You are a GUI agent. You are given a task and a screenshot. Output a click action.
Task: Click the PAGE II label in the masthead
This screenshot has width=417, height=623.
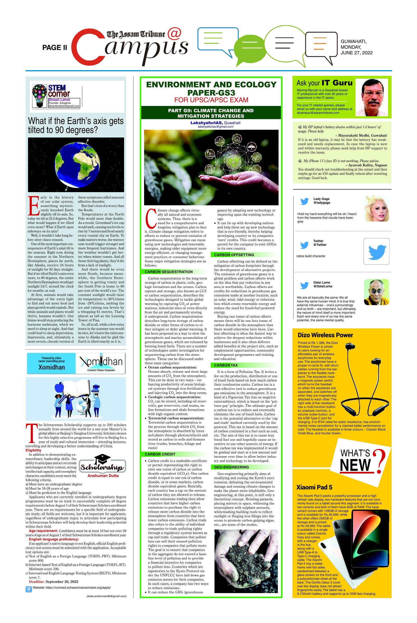pos(55,48)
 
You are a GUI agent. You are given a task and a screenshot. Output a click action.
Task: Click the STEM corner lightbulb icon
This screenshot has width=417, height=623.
pos(39,96)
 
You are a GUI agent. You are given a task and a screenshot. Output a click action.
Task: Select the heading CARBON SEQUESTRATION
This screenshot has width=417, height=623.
pos(169,272)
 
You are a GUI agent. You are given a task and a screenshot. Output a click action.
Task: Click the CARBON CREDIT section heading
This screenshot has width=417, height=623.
pos(160,454)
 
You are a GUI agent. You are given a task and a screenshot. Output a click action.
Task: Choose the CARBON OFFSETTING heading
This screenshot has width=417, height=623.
pos(234,255)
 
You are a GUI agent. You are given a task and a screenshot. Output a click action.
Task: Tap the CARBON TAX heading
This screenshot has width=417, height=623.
pos(226,365)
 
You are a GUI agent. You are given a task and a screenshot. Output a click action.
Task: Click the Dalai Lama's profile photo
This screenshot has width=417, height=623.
pos(376,292)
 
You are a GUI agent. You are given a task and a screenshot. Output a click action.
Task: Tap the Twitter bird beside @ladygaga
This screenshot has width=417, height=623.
pos(304,201)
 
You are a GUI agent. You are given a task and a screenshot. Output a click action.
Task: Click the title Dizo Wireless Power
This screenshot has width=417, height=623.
pos(325,335)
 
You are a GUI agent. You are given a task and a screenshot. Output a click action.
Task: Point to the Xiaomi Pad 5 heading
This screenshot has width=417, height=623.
pos(314,487)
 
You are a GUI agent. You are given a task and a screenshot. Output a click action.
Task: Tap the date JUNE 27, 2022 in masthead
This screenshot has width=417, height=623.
pos(356,53)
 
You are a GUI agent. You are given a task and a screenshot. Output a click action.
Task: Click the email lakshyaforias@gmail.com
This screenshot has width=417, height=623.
pos(215,127)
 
